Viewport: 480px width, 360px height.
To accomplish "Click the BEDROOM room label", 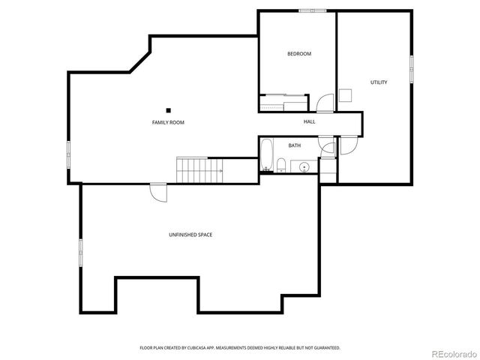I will tap(299, 54).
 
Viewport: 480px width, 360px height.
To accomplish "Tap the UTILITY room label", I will tap(379, 82).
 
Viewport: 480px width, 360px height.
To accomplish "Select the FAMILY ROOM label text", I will tap(168, 122).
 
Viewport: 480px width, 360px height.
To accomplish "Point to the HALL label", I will tap(309, 121).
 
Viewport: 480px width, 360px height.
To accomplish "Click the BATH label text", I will tap(294, 145).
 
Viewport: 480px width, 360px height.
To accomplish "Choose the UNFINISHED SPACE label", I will tap(190, 235).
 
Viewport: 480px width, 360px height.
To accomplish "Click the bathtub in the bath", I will tap(267, 156).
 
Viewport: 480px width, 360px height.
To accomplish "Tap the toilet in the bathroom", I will tap(280, 166).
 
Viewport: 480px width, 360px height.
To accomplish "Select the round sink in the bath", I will tap(304, 166).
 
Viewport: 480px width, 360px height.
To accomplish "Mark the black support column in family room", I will tap(169, 110).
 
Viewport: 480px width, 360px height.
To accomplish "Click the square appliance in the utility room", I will tap(345, 95).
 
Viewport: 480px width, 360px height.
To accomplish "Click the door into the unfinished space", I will tap(159, 191).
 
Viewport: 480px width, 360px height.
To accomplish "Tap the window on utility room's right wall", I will tap(412, 68).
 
